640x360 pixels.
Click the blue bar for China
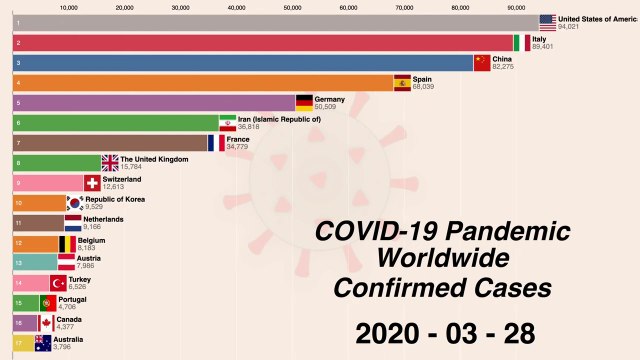(x=240, y=63)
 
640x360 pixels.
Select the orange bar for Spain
(x=200, y=83)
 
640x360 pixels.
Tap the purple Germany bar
(x=150, y=103)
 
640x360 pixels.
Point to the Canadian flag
(x=46, y=323)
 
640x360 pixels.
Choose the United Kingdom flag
(x=110, y=163)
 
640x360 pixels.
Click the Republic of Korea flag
(x=74, y=203)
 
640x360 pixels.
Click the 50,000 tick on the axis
(x=293, y=7)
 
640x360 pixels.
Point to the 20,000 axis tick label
(x=125, y=7)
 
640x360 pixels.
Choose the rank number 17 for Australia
(x=18, y=343)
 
